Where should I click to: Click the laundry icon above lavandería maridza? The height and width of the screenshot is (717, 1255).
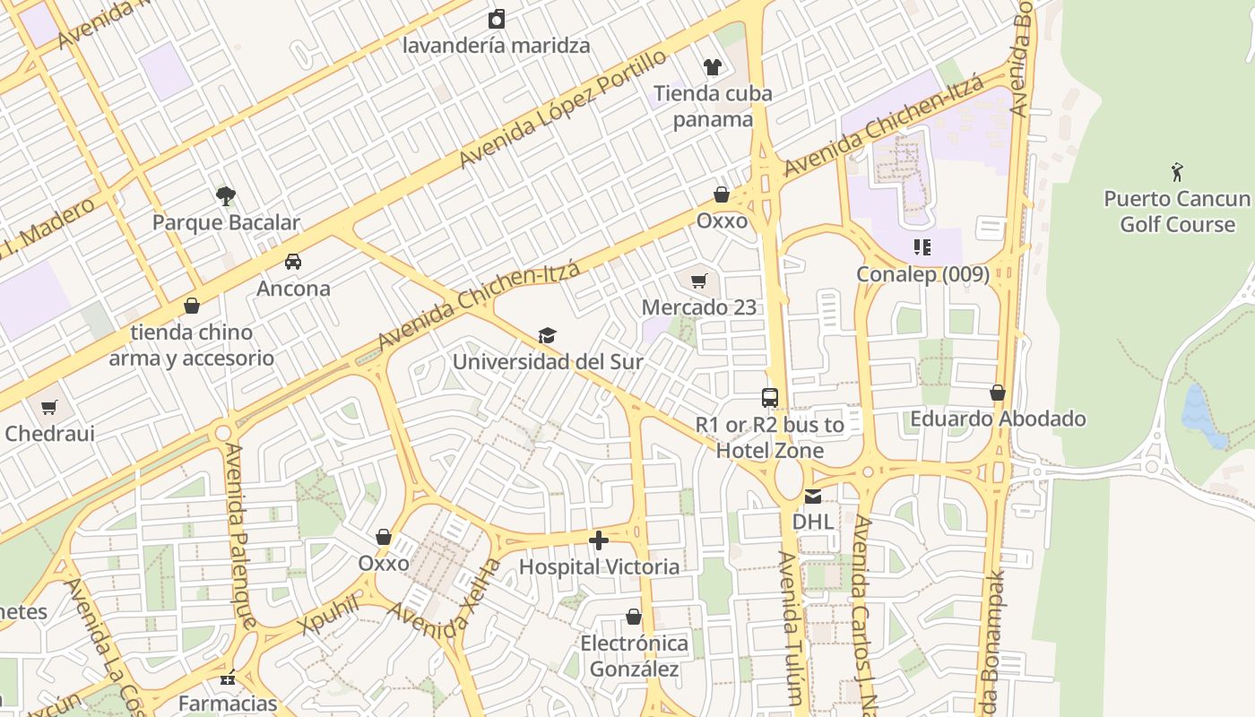pos(497,19)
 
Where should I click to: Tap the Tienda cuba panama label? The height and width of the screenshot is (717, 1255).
pos(713,106)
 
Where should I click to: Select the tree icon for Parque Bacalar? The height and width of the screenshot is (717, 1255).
pos(226,194)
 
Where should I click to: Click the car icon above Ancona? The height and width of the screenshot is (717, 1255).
pos(293,262)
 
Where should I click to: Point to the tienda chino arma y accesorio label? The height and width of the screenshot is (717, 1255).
pos(192,345)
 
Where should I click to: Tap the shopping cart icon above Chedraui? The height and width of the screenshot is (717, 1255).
pos(49,407)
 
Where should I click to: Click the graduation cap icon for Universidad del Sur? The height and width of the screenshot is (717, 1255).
pos(547,336)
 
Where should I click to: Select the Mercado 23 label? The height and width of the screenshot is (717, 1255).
pos(699,307)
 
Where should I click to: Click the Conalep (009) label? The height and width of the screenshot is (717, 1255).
pos(922,274)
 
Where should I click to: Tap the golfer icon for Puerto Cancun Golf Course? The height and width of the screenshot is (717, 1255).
pos(1177,171)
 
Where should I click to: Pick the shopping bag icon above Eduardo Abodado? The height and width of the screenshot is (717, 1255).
pos(998,393)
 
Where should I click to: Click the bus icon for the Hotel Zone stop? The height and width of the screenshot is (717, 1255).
pos(769,398)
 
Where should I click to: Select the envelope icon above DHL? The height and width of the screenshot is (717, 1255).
pos(813,497)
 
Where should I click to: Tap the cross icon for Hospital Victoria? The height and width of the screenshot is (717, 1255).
pos(599,540)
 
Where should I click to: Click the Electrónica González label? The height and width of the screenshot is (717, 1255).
pos(634,656)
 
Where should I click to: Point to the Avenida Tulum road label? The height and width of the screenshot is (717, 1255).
pos(788,627)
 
